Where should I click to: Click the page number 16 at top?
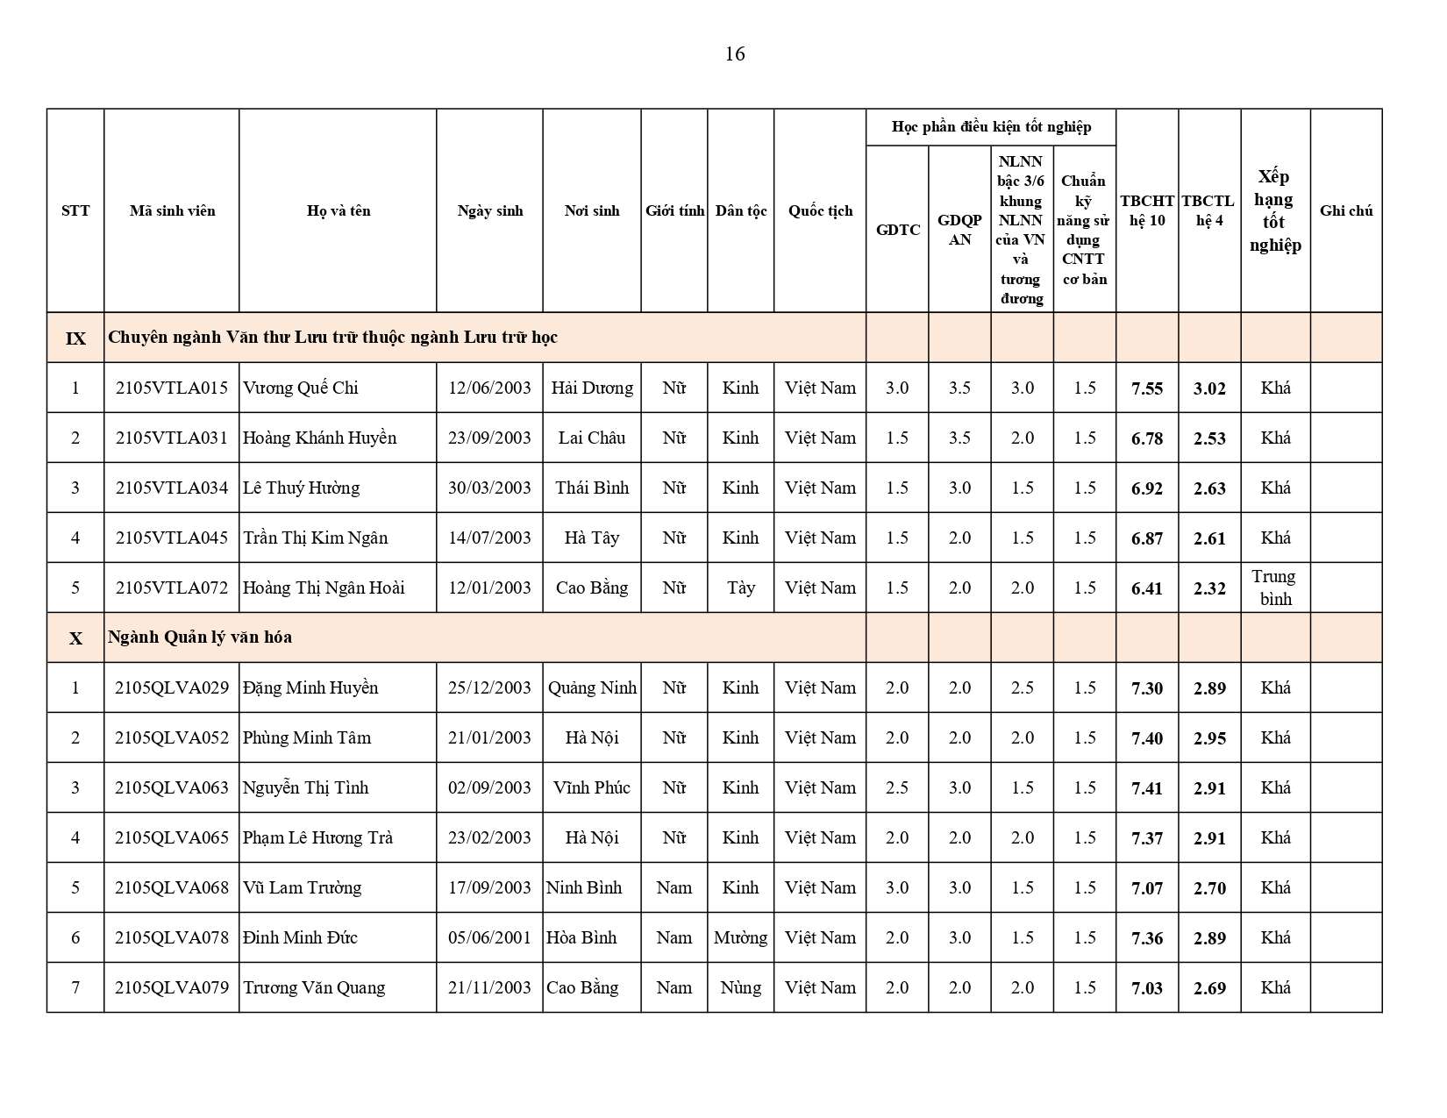coord(735,54)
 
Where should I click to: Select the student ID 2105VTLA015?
coord(171,388)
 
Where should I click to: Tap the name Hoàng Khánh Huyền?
coord(319,438)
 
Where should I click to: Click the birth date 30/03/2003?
coord(489,488)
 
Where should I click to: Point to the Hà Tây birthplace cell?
coord(592,538)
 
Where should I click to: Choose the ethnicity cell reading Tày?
coord(740,587)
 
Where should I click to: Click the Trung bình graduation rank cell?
coord(1275,587)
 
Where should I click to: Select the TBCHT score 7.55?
coord(1147,388)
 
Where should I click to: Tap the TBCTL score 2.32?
coord(1209,588)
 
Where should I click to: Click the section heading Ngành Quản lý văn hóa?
coord(200,637)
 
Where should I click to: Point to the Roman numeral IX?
coord(75,338)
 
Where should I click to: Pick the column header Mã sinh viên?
coord(172,210)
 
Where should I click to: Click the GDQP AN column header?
coord(959,230)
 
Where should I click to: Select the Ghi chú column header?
coord(1346,210)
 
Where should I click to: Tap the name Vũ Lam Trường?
coord(302,887)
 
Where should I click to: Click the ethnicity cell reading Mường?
coord(740,937)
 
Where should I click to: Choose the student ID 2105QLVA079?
coord(171,987)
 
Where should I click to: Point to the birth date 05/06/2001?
coord(489,937)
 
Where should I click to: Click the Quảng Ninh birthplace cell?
coord(592,687)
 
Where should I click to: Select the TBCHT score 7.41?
coord(1147,788)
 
